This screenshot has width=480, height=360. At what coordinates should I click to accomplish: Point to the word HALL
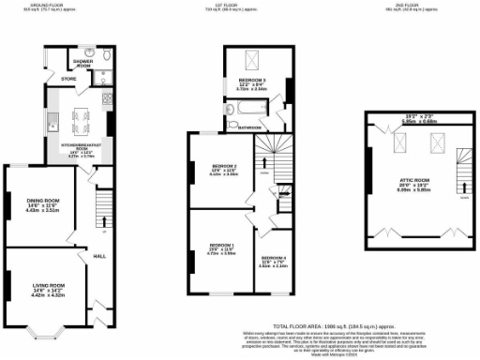(97, 254)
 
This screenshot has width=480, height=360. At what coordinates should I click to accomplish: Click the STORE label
(68, 79)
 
